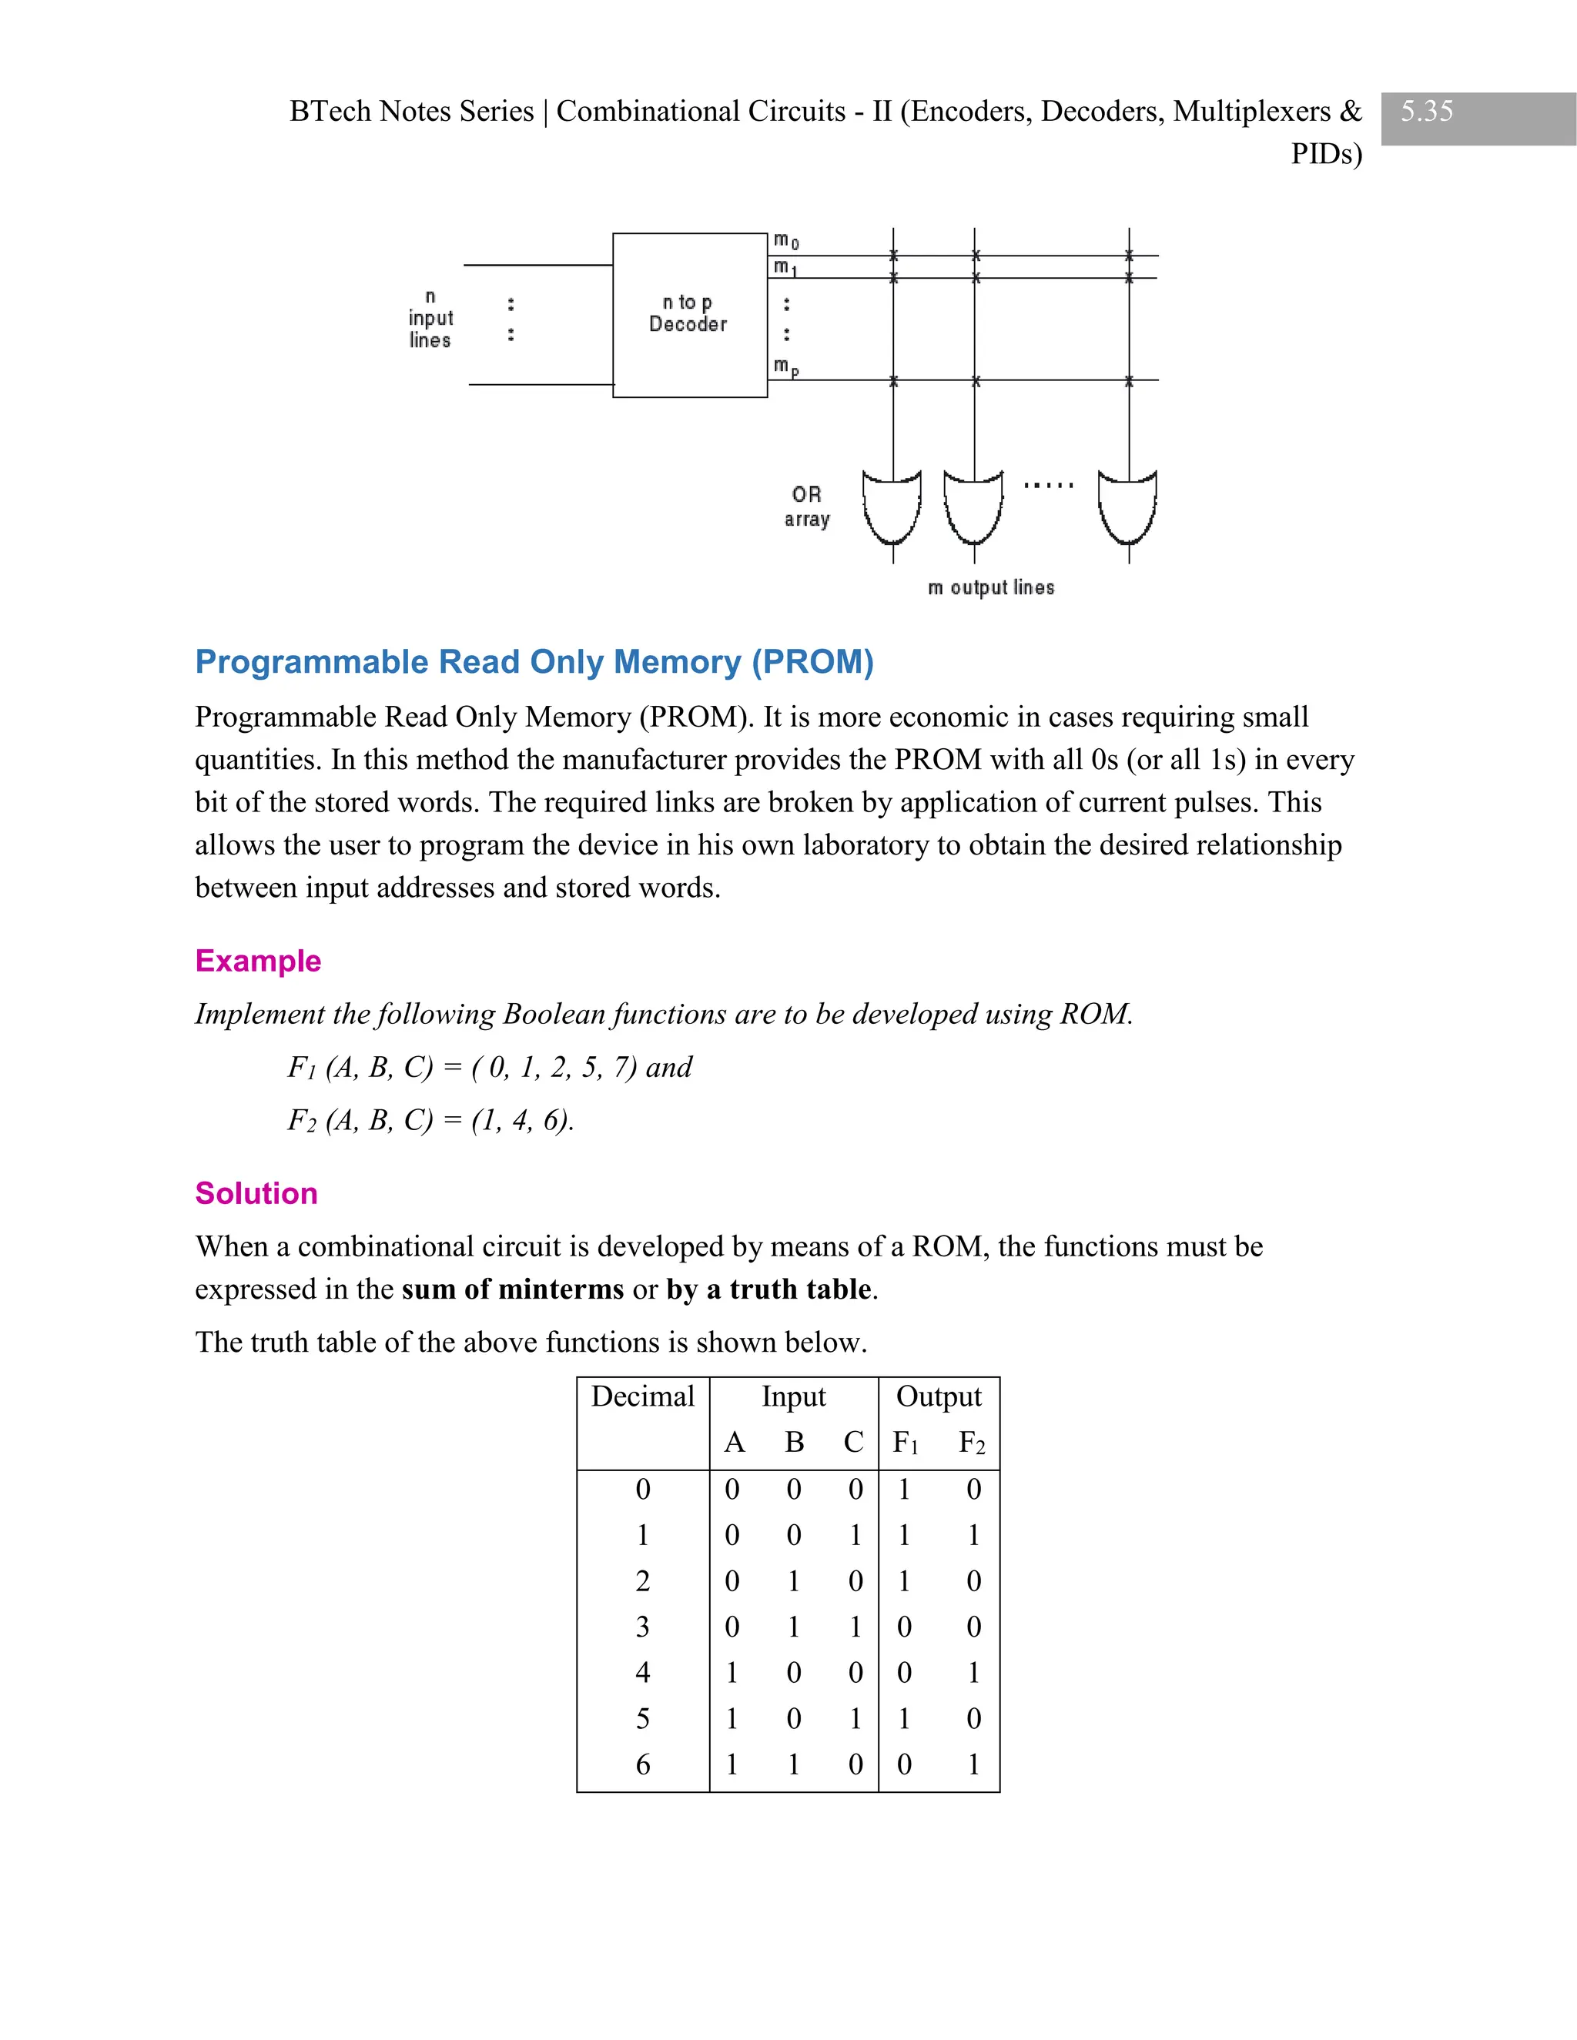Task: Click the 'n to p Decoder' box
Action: tap(689, 315)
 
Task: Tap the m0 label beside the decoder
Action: tap(785, 242)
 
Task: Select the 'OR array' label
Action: tap(807, 507)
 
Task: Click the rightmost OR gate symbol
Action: tap(1127, 507)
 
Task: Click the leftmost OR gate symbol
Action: tap(892, 507)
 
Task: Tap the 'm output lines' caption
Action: tap(990, 587)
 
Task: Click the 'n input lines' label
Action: tap(430, 319)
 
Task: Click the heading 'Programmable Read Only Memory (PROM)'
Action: tap(534, 661)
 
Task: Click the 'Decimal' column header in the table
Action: tap(643, 1396)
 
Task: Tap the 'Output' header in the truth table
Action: tap(938, 1396)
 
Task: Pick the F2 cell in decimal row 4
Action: tap(973, 1672)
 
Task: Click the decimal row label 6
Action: tap(643, 1764)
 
